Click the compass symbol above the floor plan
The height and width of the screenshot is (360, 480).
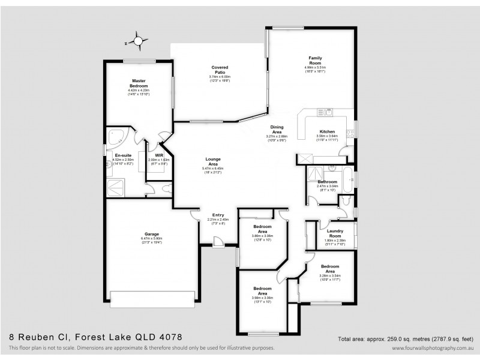pos(138,41)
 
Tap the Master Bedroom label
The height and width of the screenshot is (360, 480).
pos(139,83)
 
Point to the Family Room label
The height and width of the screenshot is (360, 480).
pos(315,60)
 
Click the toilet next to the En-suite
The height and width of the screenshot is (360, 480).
pos(167,188)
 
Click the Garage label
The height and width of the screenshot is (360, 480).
pos(151,235)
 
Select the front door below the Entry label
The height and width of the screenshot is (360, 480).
pos(218,241)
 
